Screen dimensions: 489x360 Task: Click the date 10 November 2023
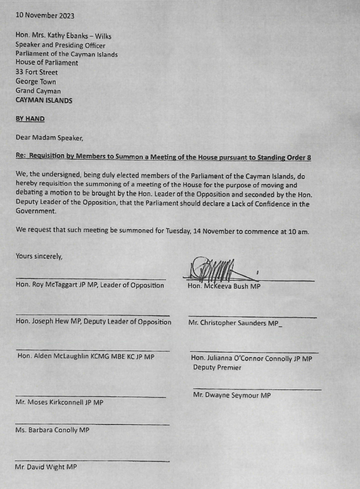[x=45, y=15]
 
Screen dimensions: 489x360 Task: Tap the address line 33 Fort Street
[x=37, y=72]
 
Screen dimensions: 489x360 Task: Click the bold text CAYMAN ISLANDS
[x=44, y=100]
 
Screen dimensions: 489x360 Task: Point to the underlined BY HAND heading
[x=30, y=119]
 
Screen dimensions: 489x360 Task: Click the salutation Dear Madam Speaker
[x=50, y=138]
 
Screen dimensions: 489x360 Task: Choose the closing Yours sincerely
[x=39, y=256]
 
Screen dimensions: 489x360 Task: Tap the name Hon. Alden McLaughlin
[x=60, y=356]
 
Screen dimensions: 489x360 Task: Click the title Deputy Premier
[x=217, y=368]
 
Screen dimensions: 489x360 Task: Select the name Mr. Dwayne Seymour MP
[x=232, y=395]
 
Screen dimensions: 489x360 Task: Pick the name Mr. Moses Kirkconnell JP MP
[x=59, y=403]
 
